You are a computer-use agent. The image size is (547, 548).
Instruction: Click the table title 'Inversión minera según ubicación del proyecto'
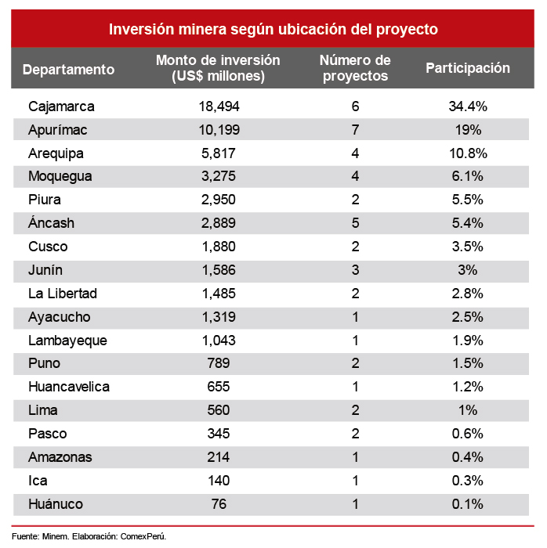273,29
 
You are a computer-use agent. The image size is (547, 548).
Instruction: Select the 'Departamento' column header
68,69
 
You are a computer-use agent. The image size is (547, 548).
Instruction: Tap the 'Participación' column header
467,68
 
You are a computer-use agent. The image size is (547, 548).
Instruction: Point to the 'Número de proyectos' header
355,68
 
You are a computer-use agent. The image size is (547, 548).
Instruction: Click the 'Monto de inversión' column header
218,68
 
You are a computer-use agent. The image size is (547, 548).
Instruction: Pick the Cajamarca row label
60,106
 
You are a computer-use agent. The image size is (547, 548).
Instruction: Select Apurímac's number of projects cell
355,129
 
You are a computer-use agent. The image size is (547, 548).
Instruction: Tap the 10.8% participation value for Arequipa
468,153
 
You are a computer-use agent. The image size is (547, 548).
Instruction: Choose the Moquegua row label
60,176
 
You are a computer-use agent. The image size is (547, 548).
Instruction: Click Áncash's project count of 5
355,223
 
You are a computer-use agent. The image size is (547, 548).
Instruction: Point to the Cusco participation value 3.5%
468,247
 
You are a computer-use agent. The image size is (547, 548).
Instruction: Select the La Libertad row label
62,294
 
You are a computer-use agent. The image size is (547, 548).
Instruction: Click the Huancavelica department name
68,387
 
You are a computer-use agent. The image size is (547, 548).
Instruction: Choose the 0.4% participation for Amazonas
468,457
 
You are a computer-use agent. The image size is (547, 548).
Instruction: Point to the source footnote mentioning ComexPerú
89,536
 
